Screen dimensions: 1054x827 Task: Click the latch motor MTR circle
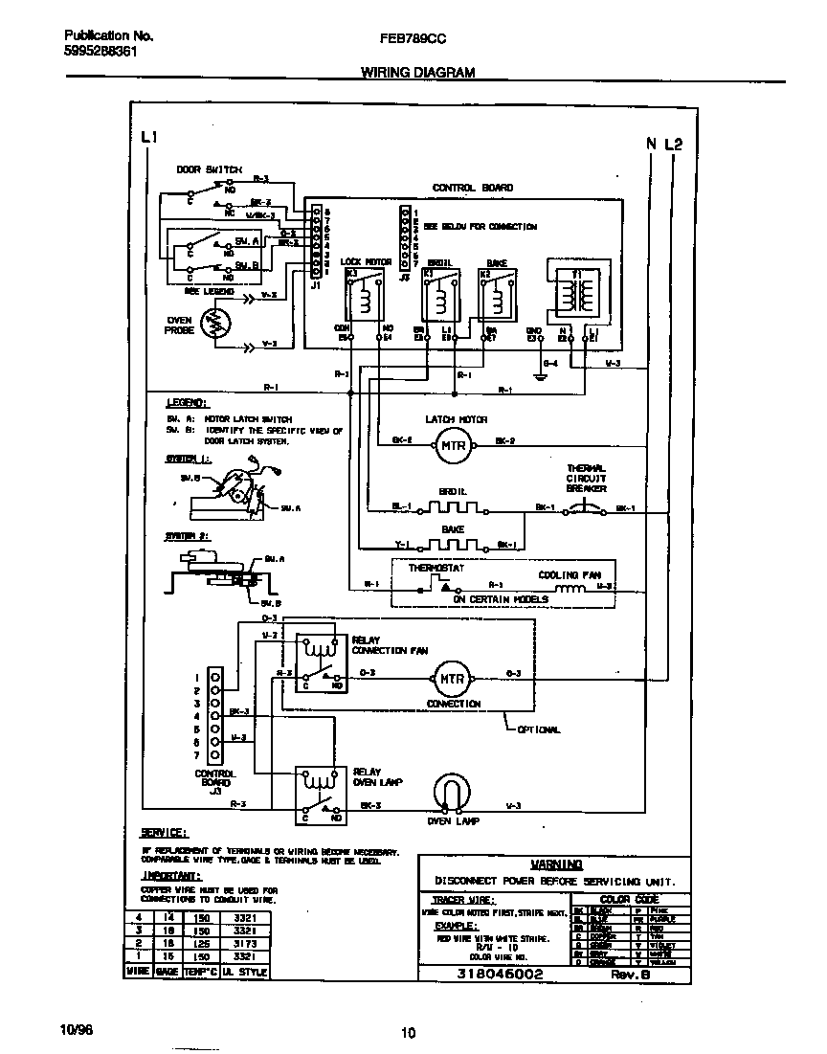coord(451,442)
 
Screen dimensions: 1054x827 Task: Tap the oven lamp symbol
coord(452,793)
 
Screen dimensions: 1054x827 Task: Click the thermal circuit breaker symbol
coord(586,507)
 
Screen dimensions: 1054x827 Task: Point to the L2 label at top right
coord(674,146)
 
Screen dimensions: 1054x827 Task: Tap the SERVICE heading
coord(165,832)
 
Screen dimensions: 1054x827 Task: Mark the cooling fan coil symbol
coord(570,587)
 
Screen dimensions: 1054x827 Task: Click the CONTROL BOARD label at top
coord(472,189)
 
